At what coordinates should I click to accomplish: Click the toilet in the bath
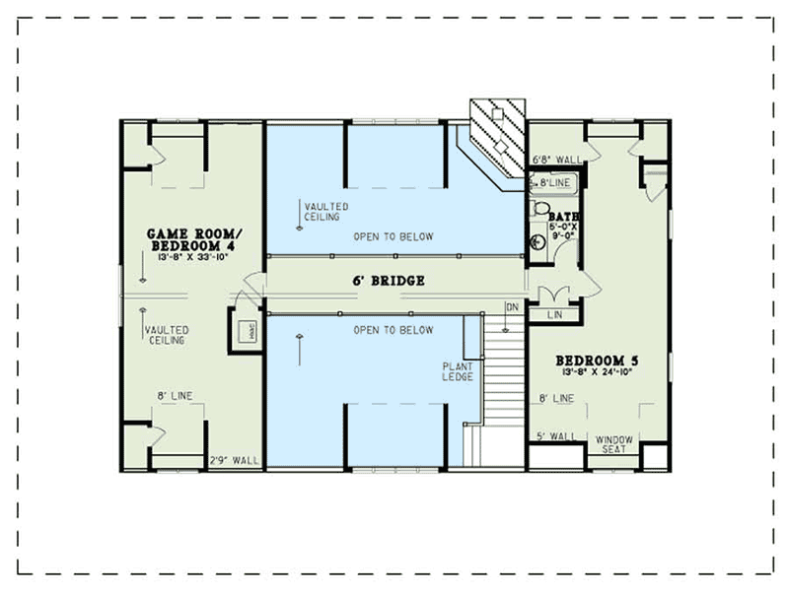(x=539, y=209)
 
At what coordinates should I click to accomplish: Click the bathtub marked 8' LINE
(x=553, y=182)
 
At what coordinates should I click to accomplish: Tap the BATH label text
(x=563, y=216)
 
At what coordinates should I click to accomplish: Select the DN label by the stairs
(x=511, y=306)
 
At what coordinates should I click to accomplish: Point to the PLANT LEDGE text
(x=458, y=371)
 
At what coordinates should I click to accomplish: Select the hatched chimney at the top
(x=499, y=134)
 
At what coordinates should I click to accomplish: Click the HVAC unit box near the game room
(x=244, y=329)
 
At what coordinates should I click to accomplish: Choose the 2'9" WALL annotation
(x=234, y=460)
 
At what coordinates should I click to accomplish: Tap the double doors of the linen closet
(x=553, y=293)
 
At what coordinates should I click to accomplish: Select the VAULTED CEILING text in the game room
(x=165, y=335)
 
